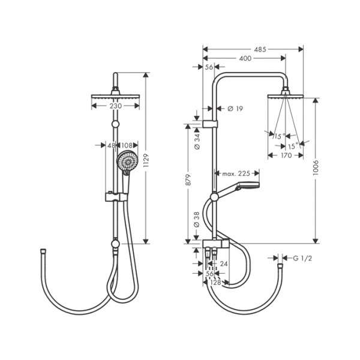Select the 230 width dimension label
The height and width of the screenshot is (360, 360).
(116, 106)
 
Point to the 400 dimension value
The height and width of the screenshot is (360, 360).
(245, 58)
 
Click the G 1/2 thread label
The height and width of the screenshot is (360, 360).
(303, 258)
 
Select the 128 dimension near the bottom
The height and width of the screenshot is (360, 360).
(216, 281)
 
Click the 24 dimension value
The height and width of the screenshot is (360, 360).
(224, 263)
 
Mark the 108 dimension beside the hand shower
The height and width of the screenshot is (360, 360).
(127, 145)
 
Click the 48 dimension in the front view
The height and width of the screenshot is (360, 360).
(111, 145)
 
